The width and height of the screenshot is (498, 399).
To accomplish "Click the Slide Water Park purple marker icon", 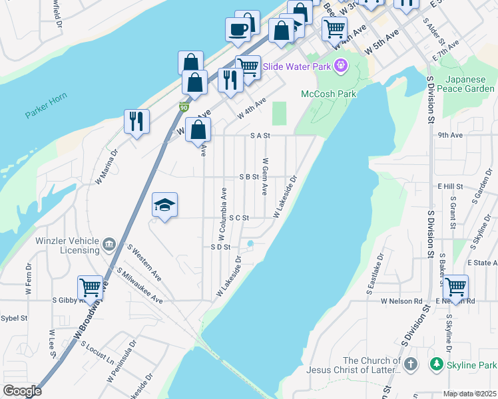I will (341, 65).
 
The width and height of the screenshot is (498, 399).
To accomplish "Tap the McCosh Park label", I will (328, 94).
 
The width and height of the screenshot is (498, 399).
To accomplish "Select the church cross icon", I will (411, 364).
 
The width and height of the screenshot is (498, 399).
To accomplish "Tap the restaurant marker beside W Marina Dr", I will (136, 121).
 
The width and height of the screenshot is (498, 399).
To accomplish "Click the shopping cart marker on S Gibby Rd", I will (90, 288).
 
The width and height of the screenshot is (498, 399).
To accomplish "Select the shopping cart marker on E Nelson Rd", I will (455, 287).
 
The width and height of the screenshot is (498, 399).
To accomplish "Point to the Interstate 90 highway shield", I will (183, 107).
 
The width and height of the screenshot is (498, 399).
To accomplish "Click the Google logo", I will (22, 391).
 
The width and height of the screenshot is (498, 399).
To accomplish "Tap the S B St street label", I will (248, 177).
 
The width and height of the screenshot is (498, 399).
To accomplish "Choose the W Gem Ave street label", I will (264, 176).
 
